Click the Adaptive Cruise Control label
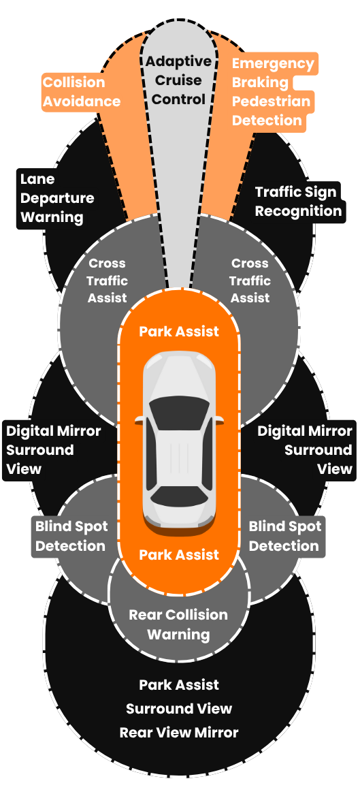tap(178, 80)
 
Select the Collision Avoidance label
tap(82, 92)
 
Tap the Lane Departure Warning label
tap(57, 198)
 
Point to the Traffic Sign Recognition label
tap(298, 202)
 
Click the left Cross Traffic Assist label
tap(108, 281)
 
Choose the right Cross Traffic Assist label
tap(250, 281)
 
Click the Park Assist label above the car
tap(179, 332)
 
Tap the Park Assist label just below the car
tap(179, 555)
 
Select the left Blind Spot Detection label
tap(71, 536)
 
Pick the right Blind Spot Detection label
tap(284, 536)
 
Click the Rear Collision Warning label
tap(178, 624)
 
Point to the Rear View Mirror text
tap(179, 733)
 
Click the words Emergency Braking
tap(273, 73)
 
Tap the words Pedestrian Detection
tap(271, 111)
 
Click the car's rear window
tap(179, 495)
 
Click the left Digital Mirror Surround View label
tap(53, 449)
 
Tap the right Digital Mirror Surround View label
tap(305, 449)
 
